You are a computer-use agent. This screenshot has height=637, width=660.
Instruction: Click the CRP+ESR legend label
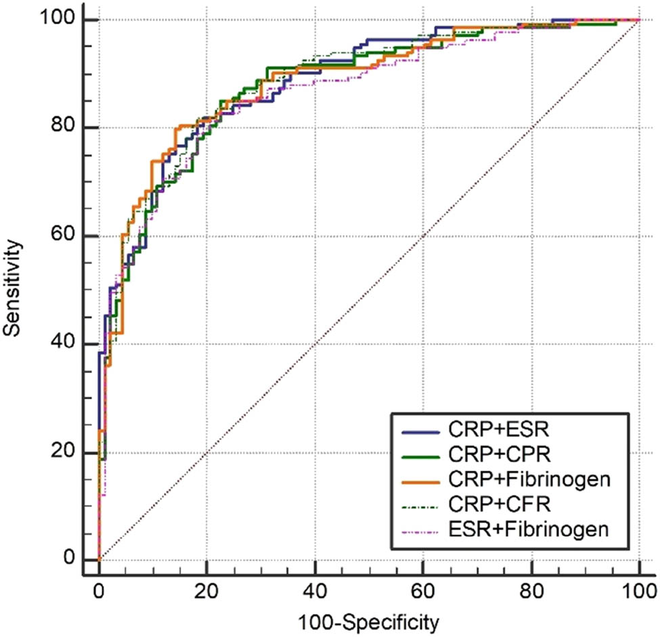point(489,431)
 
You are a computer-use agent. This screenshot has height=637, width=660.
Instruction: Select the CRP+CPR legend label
point(489,455)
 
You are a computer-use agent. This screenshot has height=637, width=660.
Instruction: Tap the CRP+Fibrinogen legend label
point(529,479)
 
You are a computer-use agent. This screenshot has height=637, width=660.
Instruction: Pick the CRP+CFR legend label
point(488,503)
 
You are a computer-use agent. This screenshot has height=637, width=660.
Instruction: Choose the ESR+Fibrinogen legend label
point(529,527)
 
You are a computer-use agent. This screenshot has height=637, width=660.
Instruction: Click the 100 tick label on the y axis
point(59,20)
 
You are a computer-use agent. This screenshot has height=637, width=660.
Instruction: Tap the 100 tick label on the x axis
point(639,588)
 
